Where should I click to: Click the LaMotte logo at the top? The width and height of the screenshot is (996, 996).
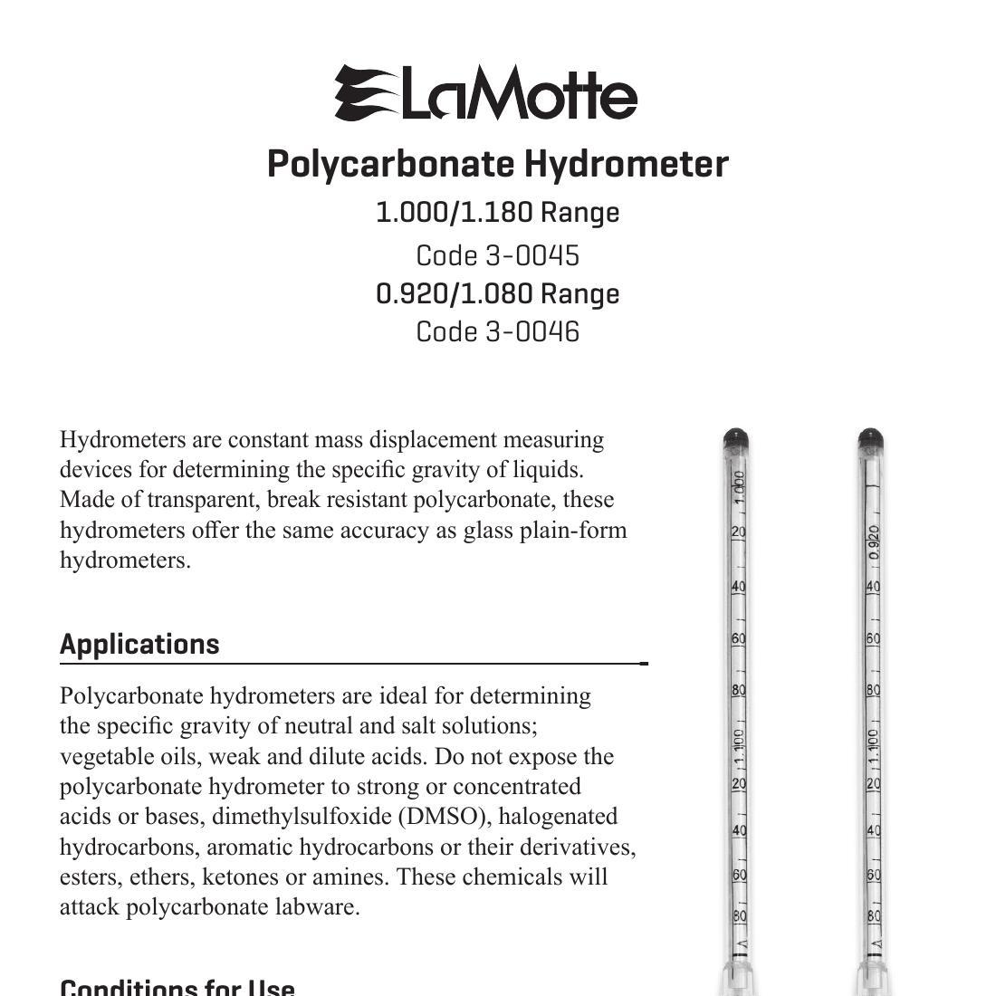click(x=486, y=93)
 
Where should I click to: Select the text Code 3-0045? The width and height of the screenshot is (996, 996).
click(x=497, y=256)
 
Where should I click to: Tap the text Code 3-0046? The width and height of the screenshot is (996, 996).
click(x=497, y=332)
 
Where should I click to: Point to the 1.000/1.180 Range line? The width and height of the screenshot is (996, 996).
click(x=497, y=213)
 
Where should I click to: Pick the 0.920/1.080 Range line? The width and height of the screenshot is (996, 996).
click(x=497, y=294)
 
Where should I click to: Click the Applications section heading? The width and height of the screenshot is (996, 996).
click(x=139, y=644)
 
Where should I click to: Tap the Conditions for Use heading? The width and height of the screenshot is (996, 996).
click(x=177, y=985)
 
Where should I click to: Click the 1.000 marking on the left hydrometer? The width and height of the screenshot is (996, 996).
click(x=739, y=487)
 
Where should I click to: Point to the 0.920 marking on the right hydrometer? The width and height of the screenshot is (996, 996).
click(x=874, y=541)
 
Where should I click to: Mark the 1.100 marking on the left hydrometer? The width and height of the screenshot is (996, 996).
click(x=739, y=746)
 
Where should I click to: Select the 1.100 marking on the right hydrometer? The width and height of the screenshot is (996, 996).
click(x=873, y=746)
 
